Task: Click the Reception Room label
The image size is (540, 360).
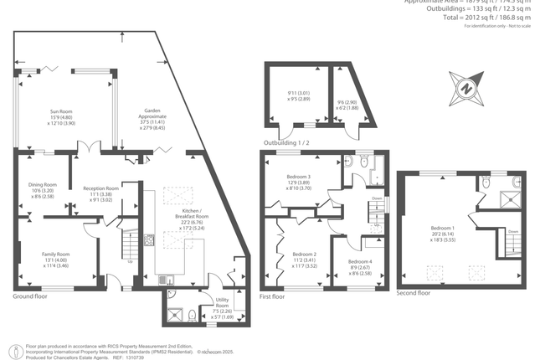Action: point(100,189)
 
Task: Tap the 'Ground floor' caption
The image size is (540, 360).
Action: point(29,296)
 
